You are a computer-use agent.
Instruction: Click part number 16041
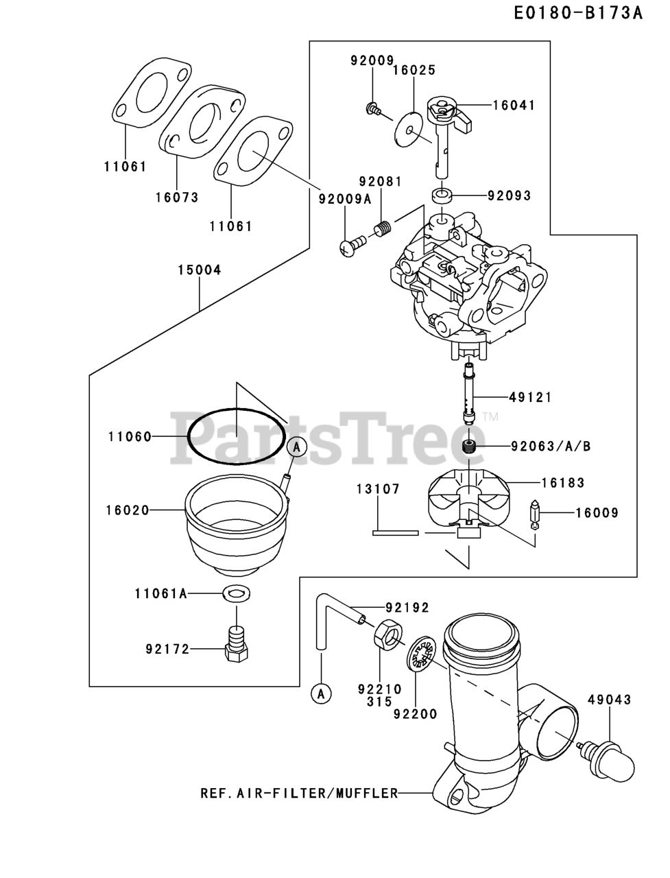pos(514,106)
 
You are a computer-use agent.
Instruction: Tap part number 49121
pos(531,397)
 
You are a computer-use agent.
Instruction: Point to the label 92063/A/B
pos(551,446)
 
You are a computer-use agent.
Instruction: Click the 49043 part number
pos(609,700)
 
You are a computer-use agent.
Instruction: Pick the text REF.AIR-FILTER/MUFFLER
pos(299,794)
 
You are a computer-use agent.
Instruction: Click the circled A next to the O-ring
pos(296,447)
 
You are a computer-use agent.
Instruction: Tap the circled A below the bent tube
pos(320,693)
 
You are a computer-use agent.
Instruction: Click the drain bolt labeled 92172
pos(236,645)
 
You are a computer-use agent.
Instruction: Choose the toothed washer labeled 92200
pos(420,656)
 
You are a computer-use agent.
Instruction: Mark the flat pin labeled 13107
pos(396,531)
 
